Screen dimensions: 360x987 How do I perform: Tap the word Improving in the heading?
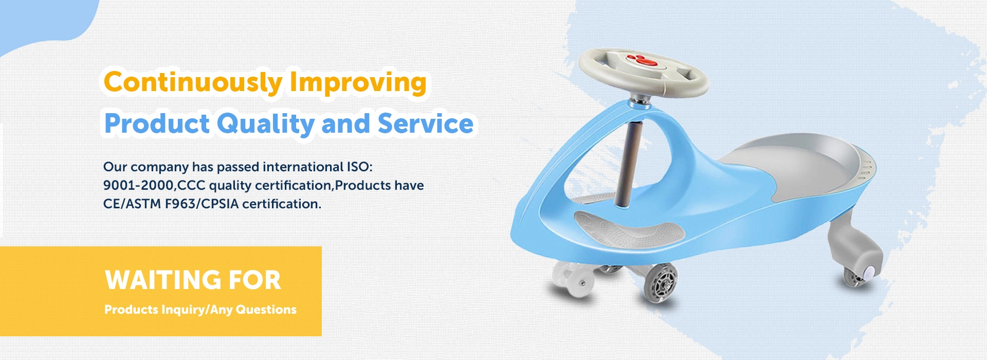(x=358, y=82)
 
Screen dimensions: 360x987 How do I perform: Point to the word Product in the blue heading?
(x=157, y=124)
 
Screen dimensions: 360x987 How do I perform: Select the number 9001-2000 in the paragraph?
(x=138, y=186)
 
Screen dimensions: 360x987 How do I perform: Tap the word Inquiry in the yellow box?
(x=183, y=310)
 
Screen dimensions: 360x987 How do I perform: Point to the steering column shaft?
(x=629, y=165)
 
